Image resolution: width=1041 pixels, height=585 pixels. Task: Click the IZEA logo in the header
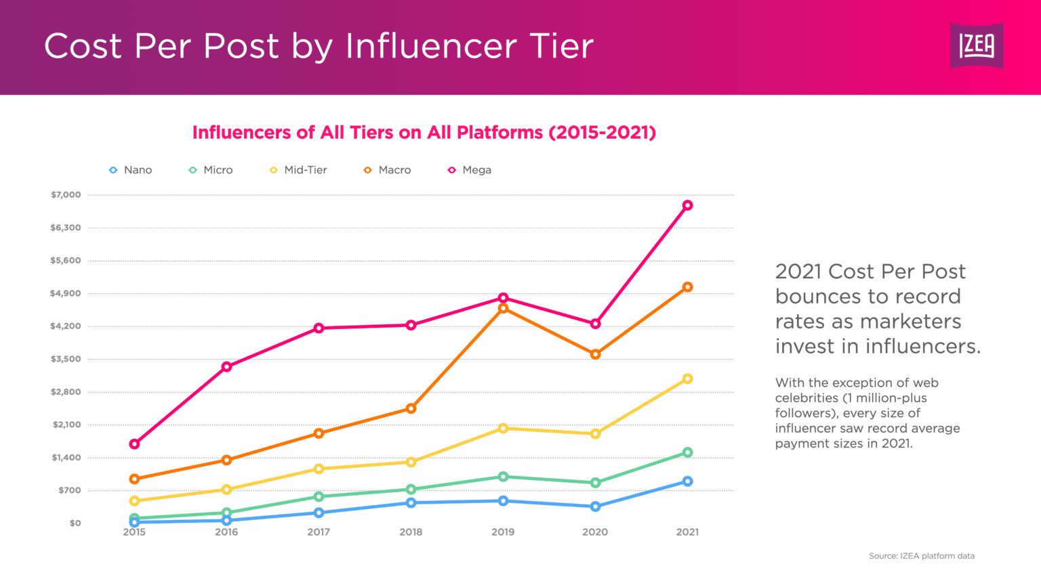pyautogui.click(x=976, y=45)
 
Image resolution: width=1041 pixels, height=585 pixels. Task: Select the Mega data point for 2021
pyautogui.click(x=687, y=205)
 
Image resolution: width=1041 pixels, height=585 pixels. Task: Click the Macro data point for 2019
pyautogui.click(x=503, y=308)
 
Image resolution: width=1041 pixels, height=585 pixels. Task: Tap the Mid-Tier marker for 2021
pyautogui.click(x=687, y=378)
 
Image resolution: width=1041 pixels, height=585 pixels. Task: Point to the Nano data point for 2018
pyautogui.click(x=411, y=502)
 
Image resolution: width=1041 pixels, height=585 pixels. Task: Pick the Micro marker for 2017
pyautogui.click(x=319, y=496)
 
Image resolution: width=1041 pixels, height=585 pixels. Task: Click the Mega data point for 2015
pyautogui.click(x=134, y=444)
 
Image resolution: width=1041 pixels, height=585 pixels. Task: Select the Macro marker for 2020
pyautogui.click(x=595, y=354)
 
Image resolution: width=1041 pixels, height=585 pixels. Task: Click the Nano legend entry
pyautogui.click(x=131, y=170)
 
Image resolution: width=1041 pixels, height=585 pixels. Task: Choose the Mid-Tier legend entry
pyautogui.click(x=298, y=170)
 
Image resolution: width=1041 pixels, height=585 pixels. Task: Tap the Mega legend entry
pyautogui.click(x=470, y=170)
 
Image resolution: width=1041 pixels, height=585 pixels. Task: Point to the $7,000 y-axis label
pyautogui.click(x=66, y=195)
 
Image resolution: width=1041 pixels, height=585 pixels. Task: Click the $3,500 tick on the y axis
pyautogui.click(x=66, y=359)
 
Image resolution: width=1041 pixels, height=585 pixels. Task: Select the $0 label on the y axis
pyautogui.click(x=75, y=523)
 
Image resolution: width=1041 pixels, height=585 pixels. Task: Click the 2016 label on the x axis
pyautogui.click(x=226, y=532)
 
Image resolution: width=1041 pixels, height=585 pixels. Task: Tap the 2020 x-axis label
pyautogui.click(x=595, y=532)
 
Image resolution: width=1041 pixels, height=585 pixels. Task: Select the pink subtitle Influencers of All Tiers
pyautogui.click(x=424, y=132)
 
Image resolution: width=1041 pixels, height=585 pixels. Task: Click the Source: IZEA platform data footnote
pyautogui.click(x=922, y=556)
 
